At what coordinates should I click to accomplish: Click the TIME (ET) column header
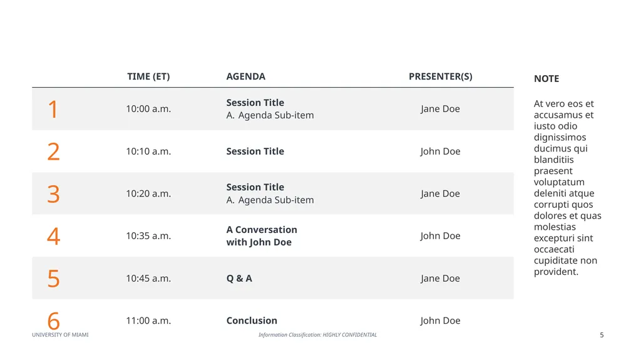[x=148, y=76]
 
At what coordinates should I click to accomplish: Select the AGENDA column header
[x=245, y=76]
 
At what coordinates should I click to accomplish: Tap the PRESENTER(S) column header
[x=440, y=76]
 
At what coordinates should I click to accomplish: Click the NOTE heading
[x=546, y=78]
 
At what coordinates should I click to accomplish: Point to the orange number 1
[x=53, y=109]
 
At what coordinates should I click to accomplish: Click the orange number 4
[x=54, y=236]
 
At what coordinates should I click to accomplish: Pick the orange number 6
[x=54, y=321]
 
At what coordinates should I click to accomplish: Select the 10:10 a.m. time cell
[x=148, y=152]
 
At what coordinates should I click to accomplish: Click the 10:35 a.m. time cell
[x=148, y=236]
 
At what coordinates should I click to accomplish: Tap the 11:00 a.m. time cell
[x=148, y=321]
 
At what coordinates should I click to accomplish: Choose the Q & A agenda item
[x=239, y=279]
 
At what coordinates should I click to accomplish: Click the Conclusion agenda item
[x=252, y=321]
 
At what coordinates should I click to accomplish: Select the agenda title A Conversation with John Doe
[x=262, y=236]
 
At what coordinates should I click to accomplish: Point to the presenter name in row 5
[x=440, y=279]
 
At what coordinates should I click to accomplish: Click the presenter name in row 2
[x=440, y=152]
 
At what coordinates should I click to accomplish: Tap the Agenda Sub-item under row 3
[x=270, y=200]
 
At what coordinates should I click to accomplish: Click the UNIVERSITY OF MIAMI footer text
[x=60, y=334]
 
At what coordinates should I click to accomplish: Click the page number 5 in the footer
[x=602, y=335]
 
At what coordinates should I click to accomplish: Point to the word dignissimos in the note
[x=560, y=138]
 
